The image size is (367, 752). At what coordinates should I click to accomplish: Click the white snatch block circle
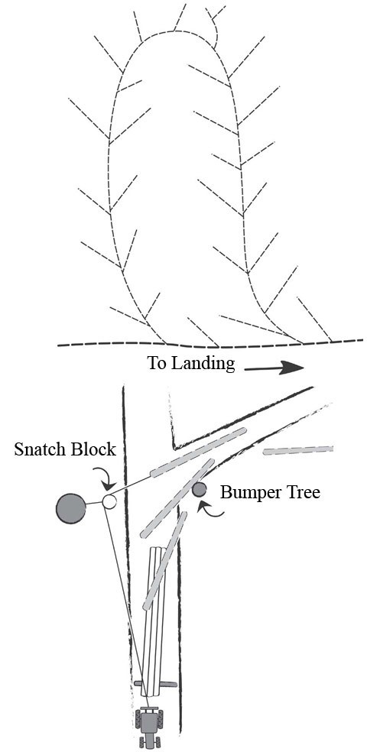[109, 501]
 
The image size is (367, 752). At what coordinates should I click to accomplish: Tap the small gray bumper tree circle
[199, 489]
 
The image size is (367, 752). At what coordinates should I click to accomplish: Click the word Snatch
[39, 449]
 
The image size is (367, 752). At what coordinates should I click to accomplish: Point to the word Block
[92, 449]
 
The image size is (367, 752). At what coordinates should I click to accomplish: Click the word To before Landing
[157, 363]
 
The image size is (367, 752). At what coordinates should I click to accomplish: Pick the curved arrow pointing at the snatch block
[107, 479]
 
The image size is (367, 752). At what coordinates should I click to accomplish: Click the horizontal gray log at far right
[298, 450]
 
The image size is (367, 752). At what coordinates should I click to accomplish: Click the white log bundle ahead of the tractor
[153, 619]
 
